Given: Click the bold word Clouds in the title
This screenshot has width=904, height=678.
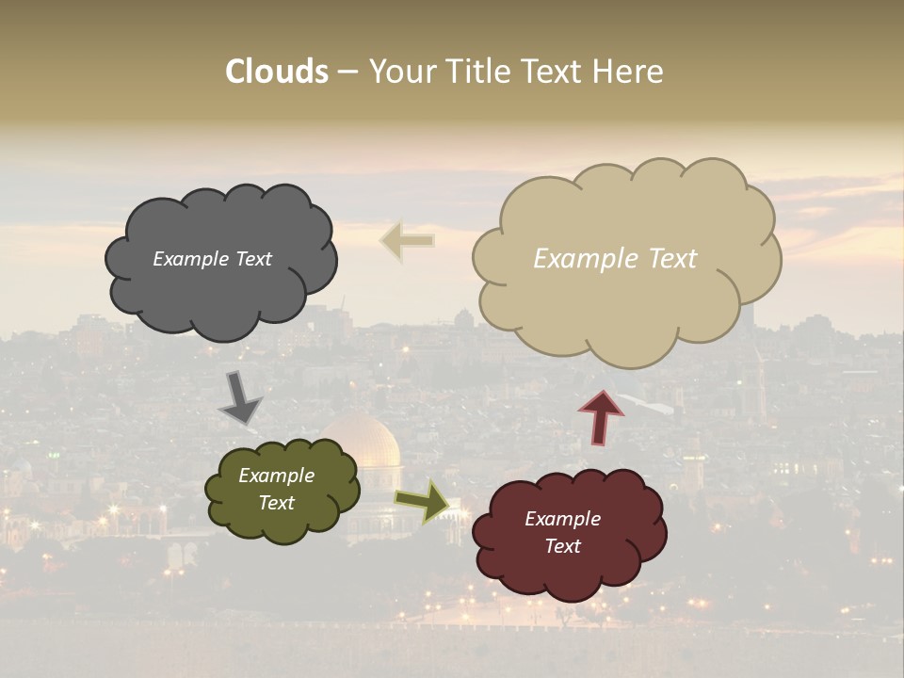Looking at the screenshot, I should [x=277, y=72].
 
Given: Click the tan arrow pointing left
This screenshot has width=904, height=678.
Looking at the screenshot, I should [x=407, y=241].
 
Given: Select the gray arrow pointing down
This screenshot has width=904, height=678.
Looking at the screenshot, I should [x=239, y=398].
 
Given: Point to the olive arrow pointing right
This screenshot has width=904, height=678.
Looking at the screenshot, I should [x=422, y=501].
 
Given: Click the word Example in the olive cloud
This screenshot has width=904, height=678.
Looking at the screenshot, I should [x=276, y=476].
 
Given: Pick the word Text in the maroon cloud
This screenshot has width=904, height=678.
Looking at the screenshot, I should [x=562, y=546].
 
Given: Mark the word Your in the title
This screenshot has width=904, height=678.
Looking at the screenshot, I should [x=404, y=72].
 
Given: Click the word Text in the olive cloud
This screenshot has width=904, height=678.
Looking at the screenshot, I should [x=276, y=503].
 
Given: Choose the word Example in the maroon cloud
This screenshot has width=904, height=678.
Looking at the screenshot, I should [x=562, y=519].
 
